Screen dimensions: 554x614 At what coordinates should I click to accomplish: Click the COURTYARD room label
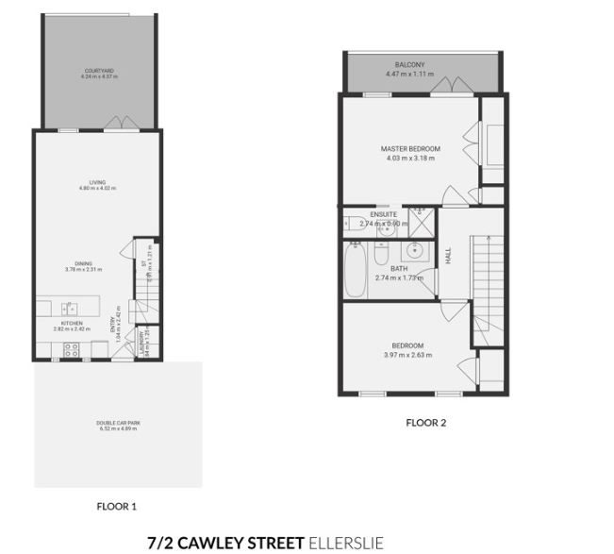tap(98, 71)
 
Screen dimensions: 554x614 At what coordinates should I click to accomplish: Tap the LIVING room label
tap(96, 182)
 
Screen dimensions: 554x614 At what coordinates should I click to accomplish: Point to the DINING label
tap(84, 263)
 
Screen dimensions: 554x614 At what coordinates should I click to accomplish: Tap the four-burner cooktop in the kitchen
tap(70, 349)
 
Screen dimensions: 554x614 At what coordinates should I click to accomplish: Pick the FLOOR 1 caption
tap(117, 506)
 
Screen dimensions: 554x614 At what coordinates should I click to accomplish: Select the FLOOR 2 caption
tap(425, 422)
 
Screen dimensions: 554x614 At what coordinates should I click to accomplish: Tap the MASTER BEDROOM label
tap(407, 149)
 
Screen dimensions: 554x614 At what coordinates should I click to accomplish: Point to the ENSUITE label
tap(384, 214)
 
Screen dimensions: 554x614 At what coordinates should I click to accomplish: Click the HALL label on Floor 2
tap(449, 255)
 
